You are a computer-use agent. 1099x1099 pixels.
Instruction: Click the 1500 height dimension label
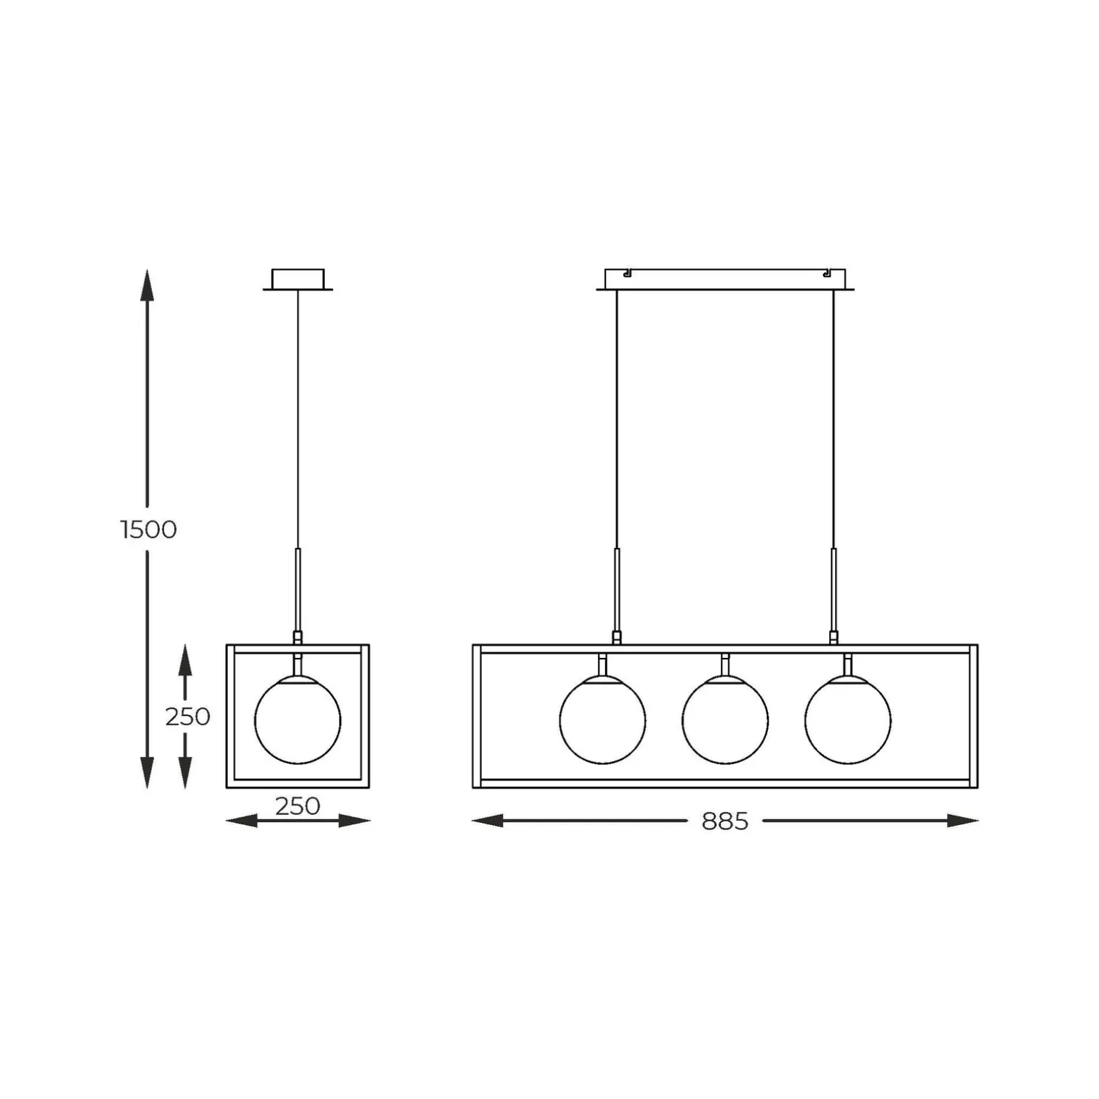pos(148,530)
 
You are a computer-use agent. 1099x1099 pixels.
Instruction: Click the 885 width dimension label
pos(724,821)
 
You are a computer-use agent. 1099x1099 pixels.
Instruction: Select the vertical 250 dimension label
pos(187,716)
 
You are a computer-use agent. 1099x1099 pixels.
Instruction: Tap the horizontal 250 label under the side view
pos(297,806)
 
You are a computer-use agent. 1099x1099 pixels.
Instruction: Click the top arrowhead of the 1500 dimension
pos(147,285)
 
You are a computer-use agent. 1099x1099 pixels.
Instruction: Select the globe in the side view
pos(298,720)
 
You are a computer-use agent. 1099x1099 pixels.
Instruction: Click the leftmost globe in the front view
pos(602,720)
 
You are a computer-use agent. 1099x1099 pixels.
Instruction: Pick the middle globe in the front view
pos(725,720)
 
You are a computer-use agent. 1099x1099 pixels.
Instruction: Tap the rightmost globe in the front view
pos(848,720)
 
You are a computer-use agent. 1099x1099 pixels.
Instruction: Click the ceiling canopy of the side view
pos(298,279)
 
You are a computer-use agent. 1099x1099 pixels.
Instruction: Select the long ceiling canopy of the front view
pos(725,279)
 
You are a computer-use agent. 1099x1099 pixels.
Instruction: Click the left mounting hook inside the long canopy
pos(627,273)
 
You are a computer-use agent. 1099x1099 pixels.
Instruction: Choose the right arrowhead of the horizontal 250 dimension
pos(355,821)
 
